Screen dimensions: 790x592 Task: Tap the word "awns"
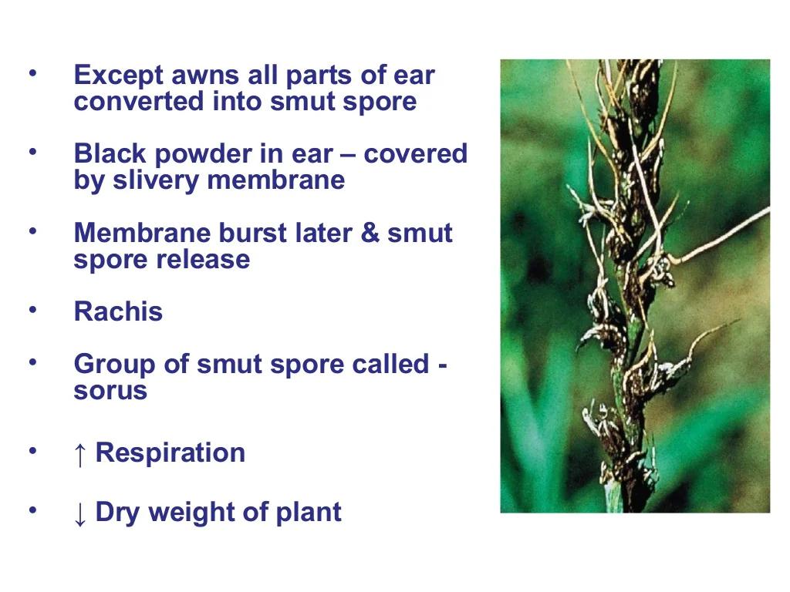click(205, 76)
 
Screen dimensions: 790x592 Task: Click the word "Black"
click(110, 153)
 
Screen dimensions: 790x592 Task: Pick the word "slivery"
click(155, 180)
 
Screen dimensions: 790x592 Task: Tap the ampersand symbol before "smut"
click(370, 233)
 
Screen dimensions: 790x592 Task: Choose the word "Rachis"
click(118, 311)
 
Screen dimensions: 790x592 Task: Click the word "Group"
click(114, 365)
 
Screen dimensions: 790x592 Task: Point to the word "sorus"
click(110, 391)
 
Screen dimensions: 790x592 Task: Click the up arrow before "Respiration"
click(79, 455)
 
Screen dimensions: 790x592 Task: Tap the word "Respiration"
click(170, 453)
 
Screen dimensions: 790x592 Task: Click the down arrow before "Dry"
click(79, 514)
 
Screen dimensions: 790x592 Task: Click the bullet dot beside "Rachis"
click(33, 310)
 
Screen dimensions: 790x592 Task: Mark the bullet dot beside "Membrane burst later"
click(33, 231)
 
